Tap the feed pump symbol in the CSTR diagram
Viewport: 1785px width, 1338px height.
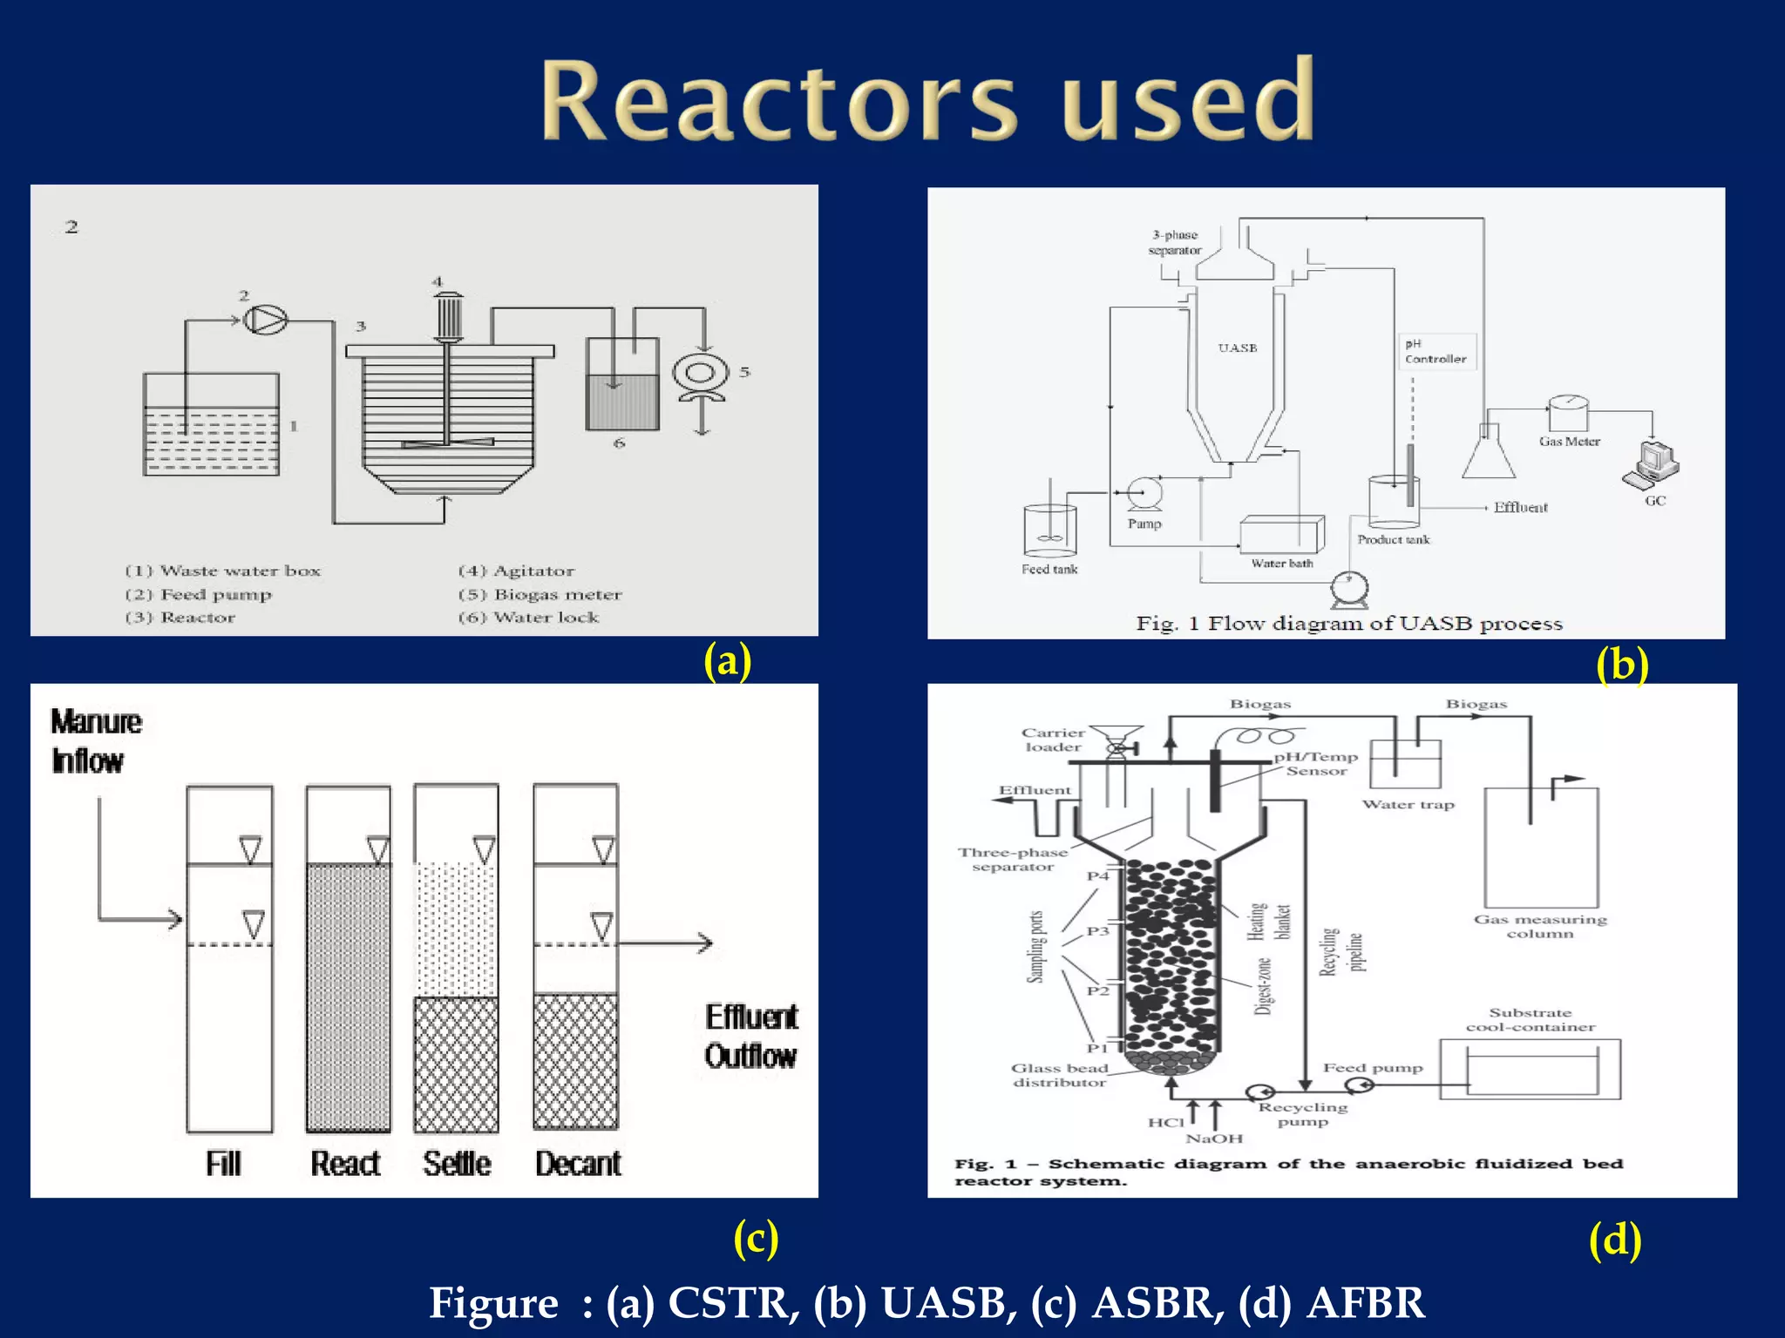tap(264, 320)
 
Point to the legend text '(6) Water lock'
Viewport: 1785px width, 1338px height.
tap(529, 618)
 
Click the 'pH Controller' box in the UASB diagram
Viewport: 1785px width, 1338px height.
tap(1437, 352)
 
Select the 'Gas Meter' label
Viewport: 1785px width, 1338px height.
tap(1569, 442)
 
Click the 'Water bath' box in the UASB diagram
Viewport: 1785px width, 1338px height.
tap(1282, 534)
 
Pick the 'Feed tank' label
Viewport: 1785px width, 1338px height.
tap(1049, 570)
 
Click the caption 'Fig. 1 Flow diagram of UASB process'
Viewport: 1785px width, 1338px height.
tap(1348, 624)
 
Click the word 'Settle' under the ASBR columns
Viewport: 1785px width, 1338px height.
tap(457, 1164)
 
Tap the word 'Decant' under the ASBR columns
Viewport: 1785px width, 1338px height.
tap(578, 1164)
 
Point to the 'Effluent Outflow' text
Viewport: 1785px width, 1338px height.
tap(750, 1037)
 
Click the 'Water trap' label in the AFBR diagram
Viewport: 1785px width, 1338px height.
tap(1408, 805)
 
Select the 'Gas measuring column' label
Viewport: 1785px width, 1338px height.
tap(1540, 926)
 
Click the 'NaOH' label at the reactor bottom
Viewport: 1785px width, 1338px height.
tap(1214, 1139)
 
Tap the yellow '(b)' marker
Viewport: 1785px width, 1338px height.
tap(1621, 666)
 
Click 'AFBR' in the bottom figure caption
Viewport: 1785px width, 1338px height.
tap(1365, 1303)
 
